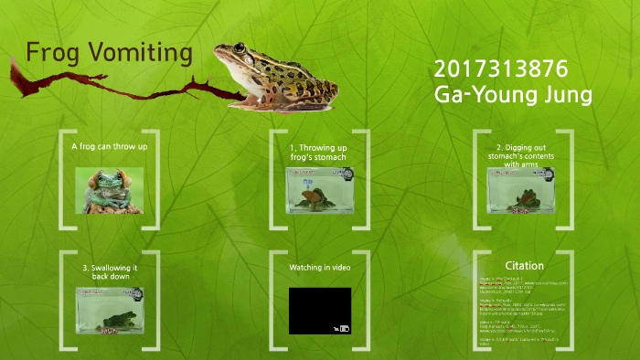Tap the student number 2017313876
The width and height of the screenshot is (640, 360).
click(x=501, y=69)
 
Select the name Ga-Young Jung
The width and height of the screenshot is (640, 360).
click(x=512, y=95)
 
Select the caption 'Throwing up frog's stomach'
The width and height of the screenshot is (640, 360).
click(x=317, y=153)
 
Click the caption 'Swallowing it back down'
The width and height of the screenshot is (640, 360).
click(x=110, y=272)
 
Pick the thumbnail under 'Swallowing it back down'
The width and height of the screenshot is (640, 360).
click(x=109, y=310)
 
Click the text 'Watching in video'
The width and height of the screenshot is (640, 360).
click(x=319, y=268)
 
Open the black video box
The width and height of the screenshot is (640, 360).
click(x=316, y=309)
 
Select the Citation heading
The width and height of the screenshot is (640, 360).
click(x=524, y=266)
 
